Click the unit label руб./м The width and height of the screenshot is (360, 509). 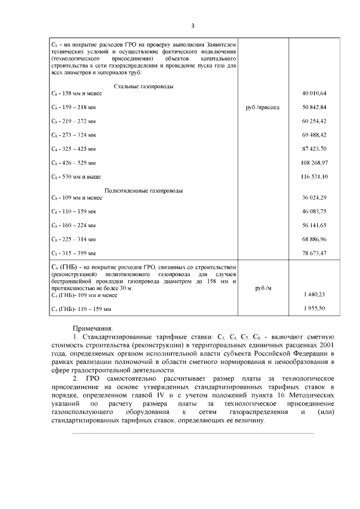pos(263,287)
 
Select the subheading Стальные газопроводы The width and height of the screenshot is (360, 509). pos(143,86)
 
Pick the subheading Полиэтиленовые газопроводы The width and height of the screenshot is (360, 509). pos(143,191)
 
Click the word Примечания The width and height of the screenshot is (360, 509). pos(93,328)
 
